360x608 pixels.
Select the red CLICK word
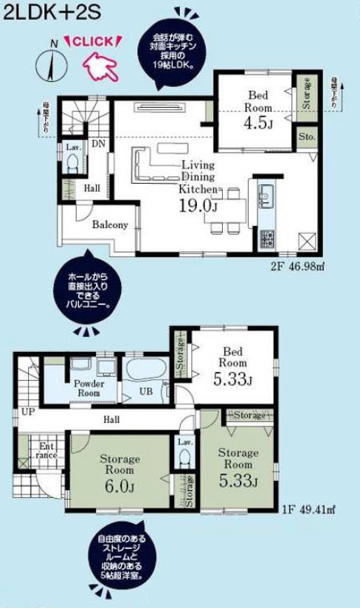94,42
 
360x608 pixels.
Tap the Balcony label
111,225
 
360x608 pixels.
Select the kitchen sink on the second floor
266,198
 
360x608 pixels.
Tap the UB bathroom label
147,393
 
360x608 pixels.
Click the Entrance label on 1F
47,450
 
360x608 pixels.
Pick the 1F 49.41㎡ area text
308,508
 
